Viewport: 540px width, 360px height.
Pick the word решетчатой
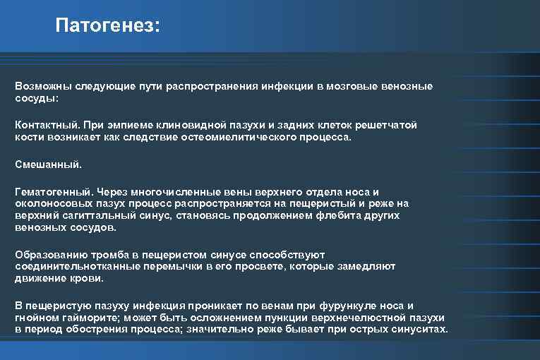tap(387, 124)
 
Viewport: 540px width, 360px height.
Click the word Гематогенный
tap(52, 192)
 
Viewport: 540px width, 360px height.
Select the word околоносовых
tap(49, 203)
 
